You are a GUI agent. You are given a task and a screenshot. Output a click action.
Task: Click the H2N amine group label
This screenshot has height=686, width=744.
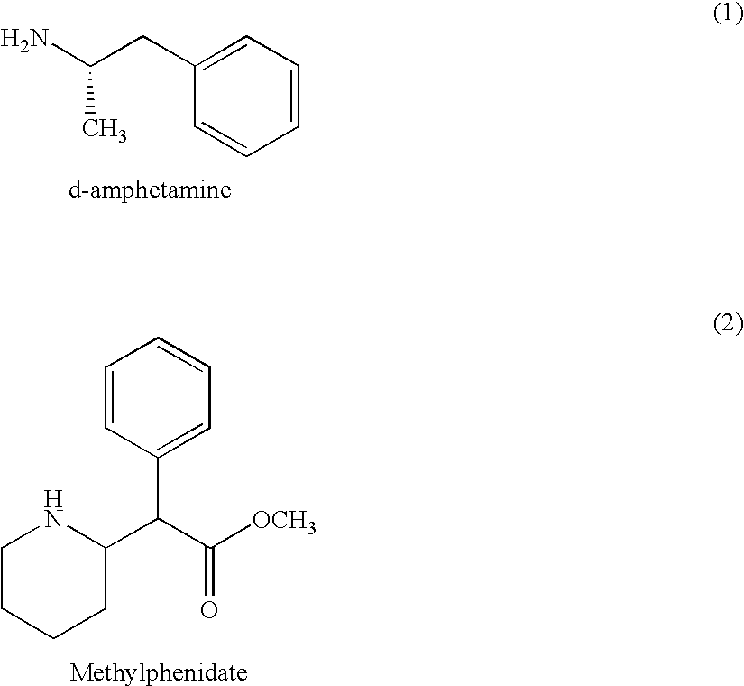[24, 40]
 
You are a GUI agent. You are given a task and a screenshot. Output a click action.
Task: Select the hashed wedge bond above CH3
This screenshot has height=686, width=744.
[89, 91]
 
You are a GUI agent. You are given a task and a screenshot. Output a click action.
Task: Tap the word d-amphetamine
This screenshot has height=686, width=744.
[150, 190]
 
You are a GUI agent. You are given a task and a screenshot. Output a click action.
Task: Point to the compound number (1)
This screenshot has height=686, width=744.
[729, 14]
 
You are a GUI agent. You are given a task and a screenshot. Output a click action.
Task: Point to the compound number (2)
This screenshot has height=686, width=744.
[729, 323]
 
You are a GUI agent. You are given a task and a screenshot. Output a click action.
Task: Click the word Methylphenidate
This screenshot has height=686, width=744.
[159, 673]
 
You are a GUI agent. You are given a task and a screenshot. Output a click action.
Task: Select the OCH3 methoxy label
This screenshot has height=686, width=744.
[284, 521]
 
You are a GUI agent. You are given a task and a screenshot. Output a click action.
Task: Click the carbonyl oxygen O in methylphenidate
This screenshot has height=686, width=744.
[209, 609]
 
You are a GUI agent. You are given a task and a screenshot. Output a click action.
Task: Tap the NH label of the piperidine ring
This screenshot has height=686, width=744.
[53, 509]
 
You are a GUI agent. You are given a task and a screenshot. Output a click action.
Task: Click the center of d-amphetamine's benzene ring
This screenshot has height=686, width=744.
[246, 96]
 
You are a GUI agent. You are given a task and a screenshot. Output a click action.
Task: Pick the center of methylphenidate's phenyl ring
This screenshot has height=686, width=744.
[158, 398]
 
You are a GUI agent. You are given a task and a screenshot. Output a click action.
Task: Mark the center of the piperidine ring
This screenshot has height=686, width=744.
[53, 578]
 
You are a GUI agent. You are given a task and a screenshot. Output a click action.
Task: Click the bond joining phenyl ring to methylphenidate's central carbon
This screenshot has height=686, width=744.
[158, 488]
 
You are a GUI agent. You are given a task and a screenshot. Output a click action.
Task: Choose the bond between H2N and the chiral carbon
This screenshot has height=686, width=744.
[70, 55]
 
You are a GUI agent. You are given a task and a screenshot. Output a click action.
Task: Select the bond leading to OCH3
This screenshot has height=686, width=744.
[231, 536]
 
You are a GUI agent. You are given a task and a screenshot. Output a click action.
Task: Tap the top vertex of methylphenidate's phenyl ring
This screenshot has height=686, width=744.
[158, 338]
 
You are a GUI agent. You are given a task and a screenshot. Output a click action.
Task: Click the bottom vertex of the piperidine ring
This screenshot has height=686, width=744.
[53, 638]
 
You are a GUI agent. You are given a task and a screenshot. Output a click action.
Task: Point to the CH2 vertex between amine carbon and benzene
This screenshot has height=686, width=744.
[142, 35]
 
